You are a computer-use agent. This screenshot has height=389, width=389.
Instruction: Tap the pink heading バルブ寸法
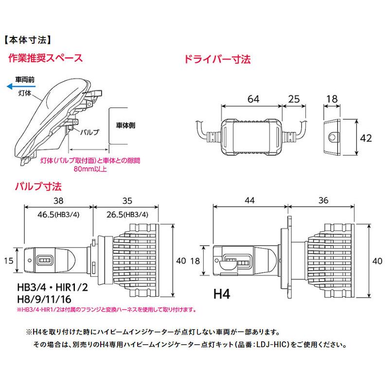pyautogui.click(x=34, y=186)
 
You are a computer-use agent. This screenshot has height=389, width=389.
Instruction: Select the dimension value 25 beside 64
pyautogui.click(x=294, y=99)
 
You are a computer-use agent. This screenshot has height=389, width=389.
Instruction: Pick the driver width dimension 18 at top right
pyautogui.click(x=332, y=99)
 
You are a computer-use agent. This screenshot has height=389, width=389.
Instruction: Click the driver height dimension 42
pyautogui.click(x=366, y=138)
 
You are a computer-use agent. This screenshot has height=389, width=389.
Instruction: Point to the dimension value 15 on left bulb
pyautogui.click(x=9, y=261)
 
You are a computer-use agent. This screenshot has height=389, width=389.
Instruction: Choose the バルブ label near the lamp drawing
pyautogui.click(x=89, y=132)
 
